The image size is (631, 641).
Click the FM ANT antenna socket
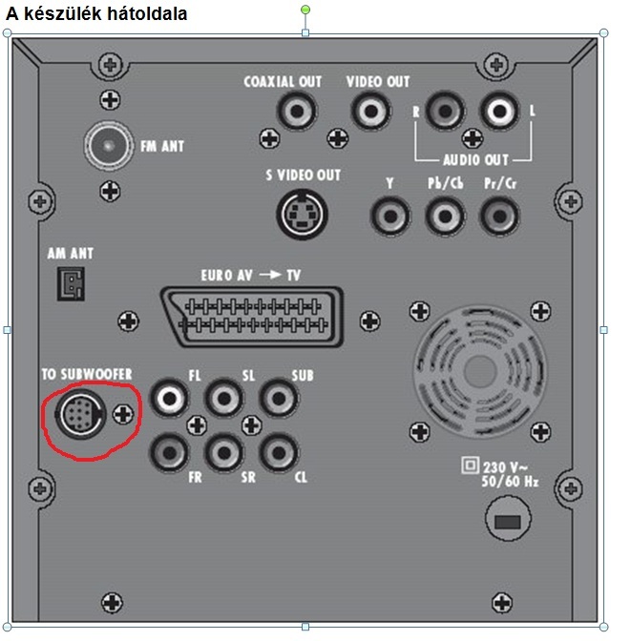108,146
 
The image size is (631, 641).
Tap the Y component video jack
389,214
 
